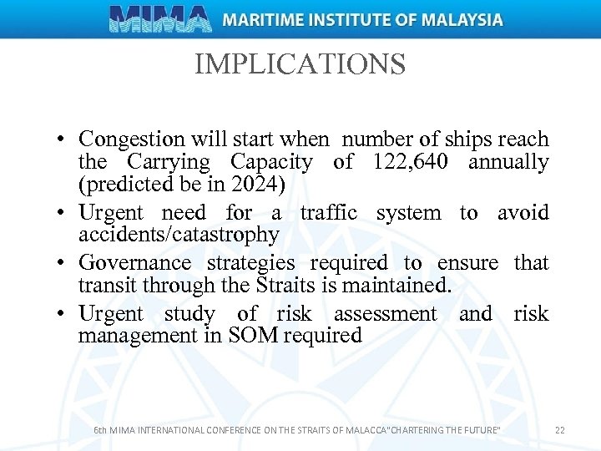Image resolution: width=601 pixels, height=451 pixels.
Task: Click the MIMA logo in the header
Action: [x=159, y=18]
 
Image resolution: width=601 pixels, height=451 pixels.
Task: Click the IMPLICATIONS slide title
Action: [x=300, y=64]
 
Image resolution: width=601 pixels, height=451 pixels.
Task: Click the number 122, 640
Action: [x=405, y=162]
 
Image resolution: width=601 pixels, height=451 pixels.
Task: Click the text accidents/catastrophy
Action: [x=178, y=235]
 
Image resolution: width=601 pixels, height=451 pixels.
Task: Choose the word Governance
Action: [x=134, y=263]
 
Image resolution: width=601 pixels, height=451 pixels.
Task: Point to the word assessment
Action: [x=385, y=314]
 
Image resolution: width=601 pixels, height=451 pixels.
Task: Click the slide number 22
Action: [x=559, y=430]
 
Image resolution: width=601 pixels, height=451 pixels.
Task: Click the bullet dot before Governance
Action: [x=63, y=264]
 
